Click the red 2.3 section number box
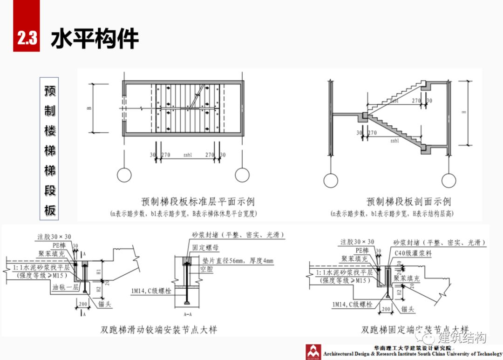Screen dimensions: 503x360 click(27, 38)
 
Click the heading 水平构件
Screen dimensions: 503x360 click(95, 39)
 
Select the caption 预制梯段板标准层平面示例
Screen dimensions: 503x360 click(198, 202)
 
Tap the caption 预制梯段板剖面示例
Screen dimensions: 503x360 click(408, 202)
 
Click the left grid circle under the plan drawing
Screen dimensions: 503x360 click(124, 175)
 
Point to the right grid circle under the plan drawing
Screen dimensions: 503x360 click(242, 175)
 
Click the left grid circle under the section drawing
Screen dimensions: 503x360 click(331, 180)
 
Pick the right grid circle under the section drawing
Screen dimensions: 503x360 click(449, 180)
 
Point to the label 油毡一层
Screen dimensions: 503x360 click(65, 287)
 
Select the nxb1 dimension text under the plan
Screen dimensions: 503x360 click(189, 155)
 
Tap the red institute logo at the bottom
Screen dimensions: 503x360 click(313, 352)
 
